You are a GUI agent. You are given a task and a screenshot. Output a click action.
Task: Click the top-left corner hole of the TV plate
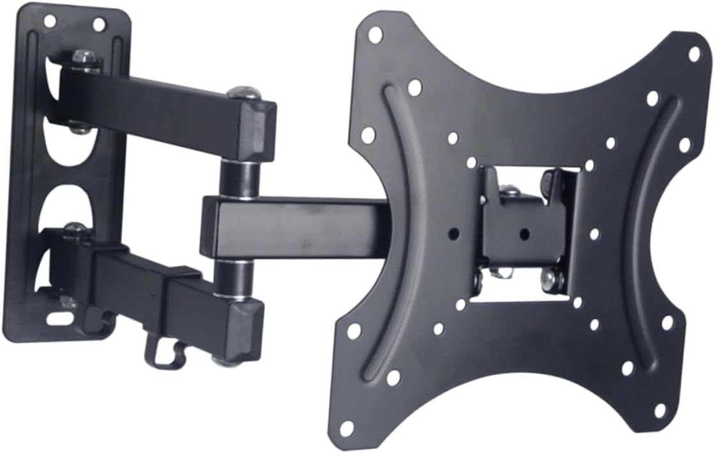[375, 34]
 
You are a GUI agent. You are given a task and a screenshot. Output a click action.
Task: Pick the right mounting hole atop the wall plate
[98, 25]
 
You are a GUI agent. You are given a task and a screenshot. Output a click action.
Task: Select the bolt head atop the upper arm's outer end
[244, 94]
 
